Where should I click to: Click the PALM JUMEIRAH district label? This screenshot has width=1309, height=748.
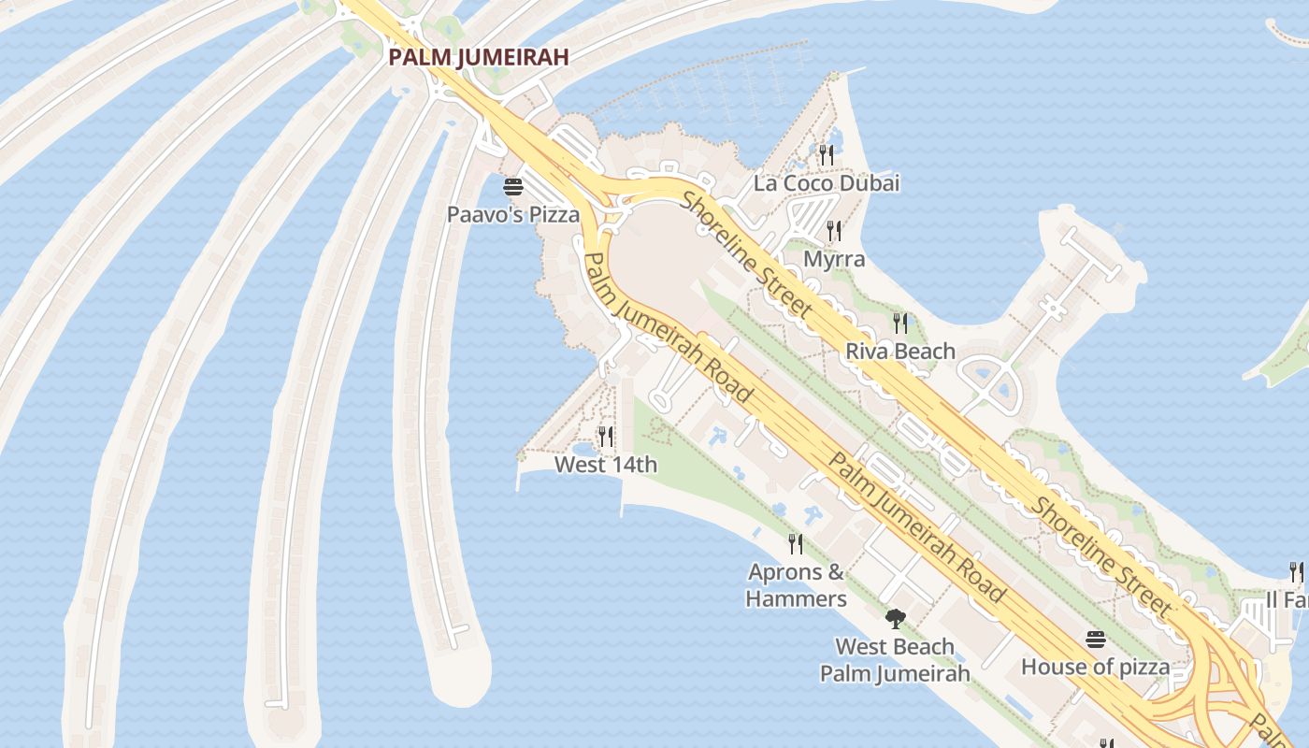pyautogui.click(x=478, y=57)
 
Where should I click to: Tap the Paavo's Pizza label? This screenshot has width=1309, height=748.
pyautogui.click(x=512, y=215)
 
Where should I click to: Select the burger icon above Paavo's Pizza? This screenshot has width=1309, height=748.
pyautogui.click(x=512, y=186)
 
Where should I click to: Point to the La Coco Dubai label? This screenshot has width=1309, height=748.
pyautogui.click(x=827, y=183)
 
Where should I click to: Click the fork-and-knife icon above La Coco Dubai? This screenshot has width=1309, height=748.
pyautogui.click(x=826, y=154)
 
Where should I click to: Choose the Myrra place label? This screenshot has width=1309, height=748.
pyautogui.click(x=833, y=259)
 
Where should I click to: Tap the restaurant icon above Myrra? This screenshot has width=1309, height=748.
pyautogui.click(x=833, y=230)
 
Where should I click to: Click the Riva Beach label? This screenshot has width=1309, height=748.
pyautogui.click(x=900, y=352)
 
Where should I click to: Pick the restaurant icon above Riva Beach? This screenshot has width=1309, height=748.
pyautogui.click(x=900, y=324)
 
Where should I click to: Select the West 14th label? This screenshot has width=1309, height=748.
pyautogui.click(x=606, y=465)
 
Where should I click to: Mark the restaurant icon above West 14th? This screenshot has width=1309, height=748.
pyautogui.click(x=606, y=437)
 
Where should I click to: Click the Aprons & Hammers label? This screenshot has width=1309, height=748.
pyautogui.click(x=796, y=585)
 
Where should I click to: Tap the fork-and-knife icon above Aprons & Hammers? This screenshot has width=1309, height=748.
pyautogui.click(x=796, y=543)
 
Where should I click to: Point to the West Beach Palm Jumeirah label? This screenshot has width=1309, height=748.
pyautogui.click(x=895, y=660)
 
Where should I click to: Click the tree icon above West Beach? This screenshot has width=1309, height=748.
pyautogui.click(x=896, y=618)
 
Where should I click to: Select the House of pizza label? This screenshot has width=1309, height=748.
pyautogui.click(x=1095, y=668)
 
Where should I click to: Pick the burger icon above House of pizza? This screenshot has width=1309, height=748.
pyautogui.click(x=1096, y=640)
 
